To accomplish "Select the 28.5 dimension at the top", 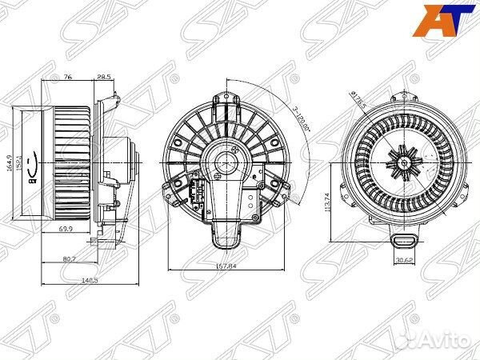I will pos(104,78).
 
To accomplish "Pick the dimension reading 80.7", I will pos(70,258).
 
